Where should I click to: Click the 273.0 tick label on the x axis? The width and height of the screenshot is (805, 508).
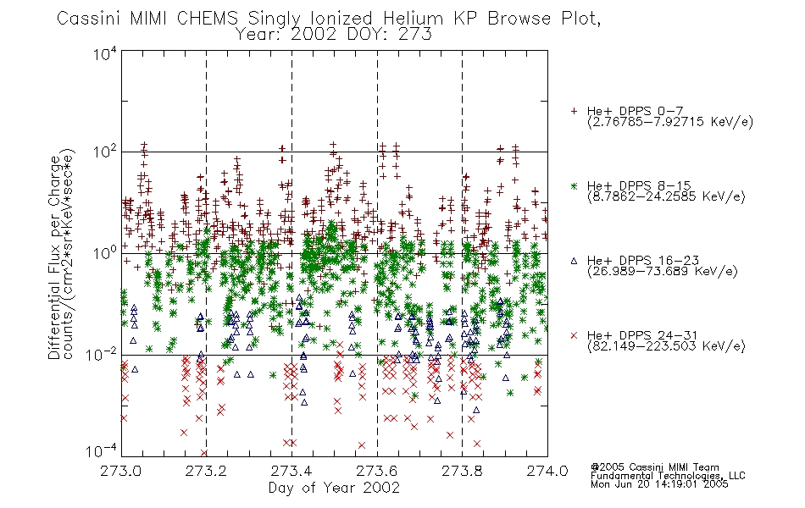(x=120, y=471)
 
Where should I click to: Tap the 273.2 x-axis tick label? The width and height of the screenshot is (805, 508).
(x=206, y=471)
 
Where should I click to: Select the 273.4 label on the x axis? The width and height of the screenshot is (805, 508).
(x=291, y=471)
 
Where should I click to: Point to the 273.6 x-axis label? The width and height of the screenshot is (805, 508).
(x=377, y=471)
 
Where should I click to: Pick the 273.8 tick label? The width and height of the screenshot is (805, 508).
(x=462, y=471)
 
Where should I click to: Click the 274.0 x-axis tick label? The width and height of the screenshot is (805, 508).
(x=547, y=471)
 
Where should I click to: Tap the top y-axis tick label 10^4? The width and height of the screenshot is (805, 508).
(x=105, y=53)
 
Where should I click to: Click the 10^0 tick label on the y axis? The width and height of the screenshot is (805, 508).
(x=105, y=253)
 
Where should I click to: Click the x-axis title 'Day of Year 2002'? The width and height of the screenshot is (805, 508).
(x=334, y=488)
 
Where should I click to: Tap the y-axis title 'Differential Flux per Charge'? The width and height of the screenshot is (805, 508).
(x=55, y=257)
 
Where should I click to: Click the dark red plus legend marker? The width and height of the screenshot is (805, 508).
(x=574, y=111)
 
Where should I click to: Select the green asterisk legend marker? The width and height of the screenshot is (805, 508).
(x=574, y=185)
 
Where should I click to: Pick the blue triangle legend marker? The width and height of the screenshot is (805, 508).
(x=574, y=261)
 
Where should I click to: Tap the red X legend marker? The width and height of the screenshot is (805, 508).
(x=574, y=335)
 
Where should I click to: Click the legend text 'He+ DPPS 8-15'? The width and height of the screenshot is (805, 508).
(x=639, y=185)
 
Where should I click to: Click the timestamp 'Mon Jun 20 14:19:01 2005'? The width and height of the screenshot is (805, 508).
(x=659, y=484)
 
